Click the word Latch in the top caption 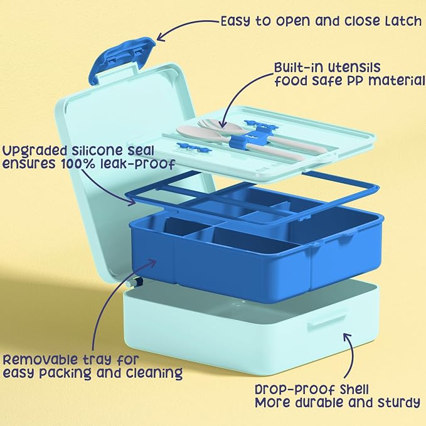403,21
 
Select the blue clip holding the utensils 239,141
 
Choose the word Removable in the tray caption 41,359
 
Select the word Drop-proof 296,390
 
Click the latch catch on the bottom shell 326,322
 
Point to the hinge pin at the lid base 135,282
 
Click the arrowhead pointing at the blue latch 161,37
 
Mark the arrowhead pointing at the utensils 223,124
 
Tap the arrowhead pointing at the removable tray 152,262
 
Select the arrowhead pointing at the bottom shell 347,336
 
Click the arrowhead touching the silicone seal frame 132,202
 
